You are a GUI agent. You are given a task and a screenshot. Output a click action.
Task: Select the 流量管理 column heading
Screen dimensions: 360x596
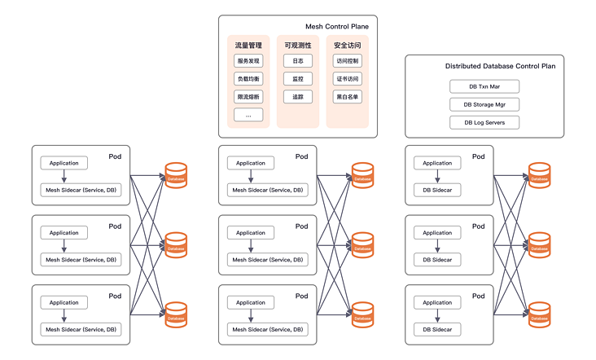[248, 46]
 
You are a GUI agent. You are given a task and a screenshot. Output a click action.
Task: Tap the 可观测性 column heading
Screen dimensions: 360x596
[297, 46]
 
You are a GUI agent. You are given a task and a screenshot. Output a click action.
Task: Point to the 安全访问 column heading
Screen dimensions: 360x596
[347, 46]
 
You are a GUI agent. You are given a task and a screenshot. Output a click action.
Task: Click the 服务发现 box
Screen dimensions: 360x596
[248, 61]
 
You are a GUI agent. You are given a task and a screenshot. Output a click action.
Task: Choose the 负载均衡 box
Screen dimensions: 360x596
[248, 79]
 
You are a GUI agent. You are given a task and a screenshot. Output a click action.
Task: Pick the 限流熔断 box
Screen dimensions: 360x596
[248, 97]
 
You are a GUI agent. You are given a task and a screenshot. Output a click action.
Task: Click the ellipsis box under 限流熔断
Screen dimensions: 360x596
[248, 115]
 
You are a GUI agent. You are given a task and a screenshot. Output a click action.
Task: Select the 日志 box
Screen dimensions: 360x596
[297, 61]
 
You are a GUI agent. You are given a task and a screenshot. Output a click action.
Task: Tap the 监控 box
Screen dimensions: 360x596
[297, 79]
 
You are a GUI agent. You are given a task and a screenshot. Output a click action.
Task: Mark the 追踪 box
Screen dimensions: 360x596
[297, 97]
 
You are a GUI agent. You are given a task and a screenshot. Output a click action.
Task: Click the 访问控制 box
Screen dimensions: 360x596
[347, 61]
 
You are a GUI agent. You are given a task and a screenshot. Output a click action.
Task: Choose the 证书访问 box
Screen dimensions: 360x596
[347, 79]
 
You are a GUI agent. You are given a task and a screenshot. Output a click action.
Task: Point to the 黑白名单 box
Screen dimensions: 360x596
[347, 97]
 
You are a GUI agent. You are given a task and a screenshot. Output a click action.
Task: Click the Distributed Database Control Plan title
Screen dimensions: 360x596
[500, 66]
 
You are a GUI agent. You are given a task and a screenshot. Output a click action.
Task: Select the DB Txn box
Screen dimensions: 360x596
[484, 86]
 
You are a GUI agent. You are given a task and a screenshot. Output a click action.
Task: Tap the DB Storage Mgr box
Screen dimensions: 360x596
[484, 104]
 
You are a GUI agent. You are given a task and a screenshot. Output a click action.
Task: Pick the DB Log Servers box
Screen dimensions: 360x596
[484, 122]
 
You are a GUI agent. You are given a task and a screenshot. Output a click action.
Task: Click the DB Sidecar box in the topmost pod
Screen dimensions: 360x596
[437, 190]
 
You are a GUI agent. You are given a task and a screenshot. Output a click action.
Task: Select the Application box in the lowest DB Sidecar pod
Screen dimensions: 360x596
[437, 303]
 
